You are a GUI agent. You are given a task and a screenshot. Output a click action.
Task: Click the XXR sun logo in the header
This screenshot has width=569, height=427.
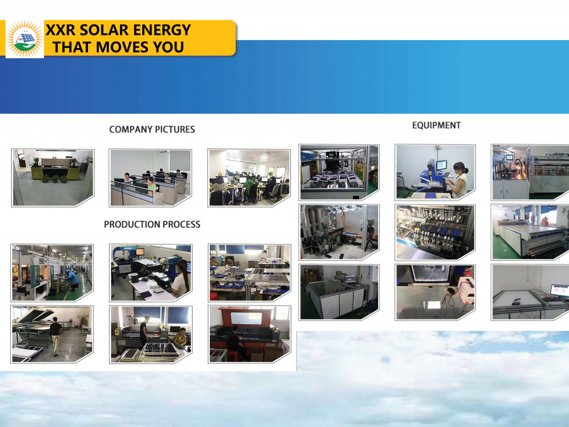point(24,39)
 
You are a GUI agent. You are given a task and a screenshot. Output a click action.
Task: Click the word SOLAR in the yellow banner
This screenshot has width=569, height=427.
point(104,30)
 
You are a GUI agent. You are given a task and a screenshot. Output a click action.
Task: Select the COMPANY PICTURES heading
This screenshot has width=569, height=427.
point(152,129)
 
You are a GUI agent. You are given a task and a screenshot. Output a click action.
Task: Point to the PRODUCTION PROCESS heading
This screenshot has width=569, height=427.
point(152,224)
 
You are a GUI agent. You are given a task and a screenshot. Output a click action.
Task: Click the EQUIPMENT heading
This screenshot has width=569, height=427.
point(436,125)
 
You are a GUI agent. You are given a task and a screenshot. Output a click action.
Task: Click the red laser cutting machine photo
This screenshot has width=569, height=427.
point(249,334)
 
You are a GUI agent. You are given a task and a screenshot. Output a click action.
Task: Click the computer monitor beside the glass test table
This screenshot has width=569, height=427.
point(351,279)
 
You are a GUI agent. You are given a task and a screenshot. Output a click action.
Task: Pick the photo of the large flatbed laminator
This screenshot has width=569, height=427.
point(530,232)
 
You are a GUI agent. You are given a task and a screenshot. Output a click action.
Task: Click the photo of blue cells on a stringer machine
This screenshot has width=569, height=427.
point(435,233)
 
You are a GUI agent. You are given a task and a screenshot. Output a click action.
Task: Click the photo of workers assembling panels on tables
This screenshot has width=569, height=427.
point(249,273)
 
